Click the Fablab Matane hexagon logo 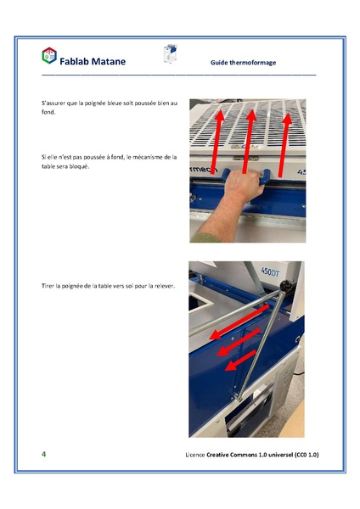pyautogui.click(x=49, y=56)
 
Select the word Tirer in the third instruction pyautogui.click(x=49, y=286)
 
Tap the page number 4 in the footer pyautogui.click(x=44, y=454)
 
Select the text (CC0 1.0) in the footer pyautogui.click(x=302, y=455)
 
